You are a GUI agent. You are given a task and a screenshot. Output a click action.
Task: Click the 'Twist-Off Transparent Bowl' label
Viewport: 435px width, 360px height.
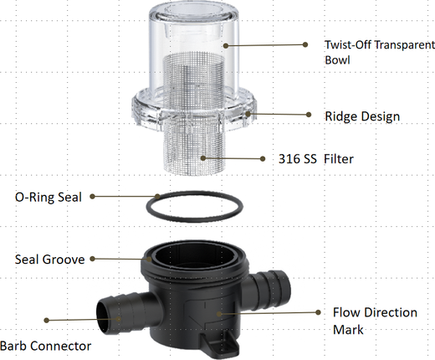[380, 52]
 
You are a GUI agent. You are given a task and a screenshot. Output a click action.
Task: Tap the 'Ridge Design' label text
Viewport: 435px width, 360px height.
[362, 116]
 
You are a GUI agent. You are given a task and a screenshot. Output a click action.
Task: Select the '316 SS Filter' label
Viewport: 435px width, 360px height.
[316, 159]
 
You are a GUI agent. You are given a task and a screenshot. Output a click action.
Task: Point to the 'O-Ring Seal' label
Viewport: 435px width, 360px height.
[49, 197]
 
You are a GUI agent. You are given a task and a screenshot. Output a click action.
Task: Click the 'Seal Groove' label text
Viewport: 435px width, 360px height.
[49, 260]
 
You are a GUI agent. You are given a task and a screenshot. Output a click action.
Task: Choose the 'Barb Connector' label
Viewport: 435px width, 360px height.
[45, 346]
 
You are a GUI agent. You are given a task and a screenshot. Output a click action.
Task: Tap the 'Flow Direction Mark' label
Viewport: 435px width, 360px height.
[375, 321]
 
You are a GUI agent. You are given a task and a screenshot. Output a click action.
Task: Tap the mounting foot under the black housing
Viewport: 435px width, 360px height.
[220, 342]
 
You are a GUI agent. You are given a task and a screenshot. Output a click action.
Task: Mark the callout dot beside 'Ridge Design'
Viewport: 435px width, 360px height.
[309, 115]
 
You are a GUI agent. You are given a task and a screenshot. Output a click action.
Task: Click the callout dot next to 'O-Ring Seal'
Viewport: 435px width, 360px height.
[93, 197]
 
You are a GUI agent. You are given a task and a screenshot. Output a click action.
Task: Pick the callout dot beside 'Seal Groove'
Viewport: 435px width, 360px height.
[93, 259]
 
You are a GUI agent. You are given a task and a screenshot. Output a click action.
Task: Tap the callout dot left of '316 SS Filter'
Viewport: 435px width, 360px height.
[263, 159]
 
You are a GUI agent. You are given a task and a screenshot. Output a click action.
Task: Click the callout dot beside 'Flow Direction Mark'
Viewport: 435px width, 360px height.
[318, 312]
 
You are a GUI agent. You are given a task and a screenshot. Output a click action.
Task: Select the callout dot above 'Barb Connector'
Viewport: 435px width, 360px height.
[47, 320]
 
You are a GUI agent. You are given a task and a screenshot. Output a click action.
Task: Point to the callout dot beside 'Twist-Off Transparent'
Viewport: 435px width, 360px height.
[305, 44]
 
